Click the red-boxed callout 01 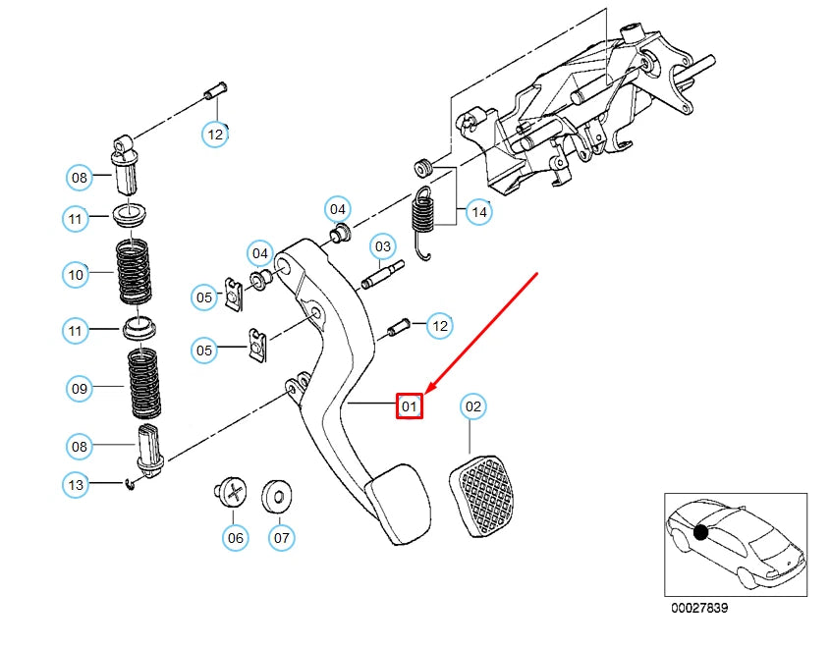[409, 405]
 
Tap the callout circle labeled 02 [472, 405]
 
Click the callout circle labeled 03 [382, 246]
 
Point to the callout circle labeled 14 [479, 210]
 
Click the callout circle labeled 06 [234, 537]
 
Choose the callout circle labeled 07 [281, 537]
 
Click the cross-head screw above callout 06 [231, 492]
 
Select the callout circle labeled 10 [77, 275]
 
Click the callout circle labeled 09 [81, 389]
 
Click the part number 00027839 [699, 609]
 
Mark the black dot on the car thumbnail [700, 532]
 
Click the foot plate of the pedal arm [396, 506]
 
